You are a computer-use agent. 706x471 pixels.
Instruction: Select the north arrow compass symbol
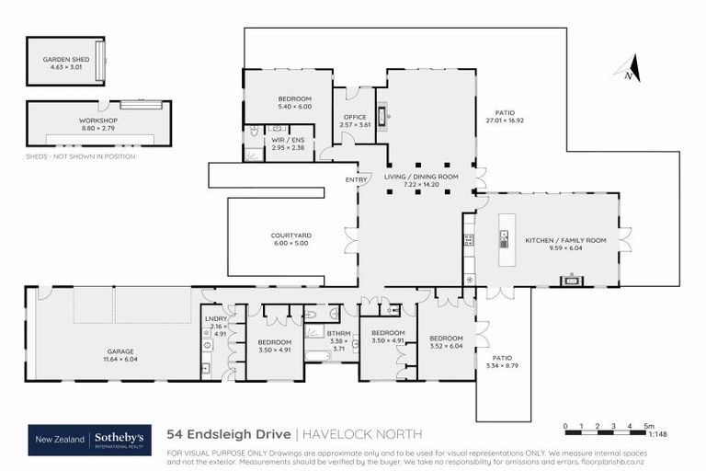pos(629,69)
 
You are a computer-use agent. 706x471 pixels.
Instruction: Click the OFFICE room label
pos(354,117)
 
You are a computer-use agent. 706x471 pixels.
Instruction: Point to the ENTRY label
pos(355,179)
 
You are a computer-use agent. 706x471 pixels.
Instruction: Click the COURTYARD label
pos(290,235)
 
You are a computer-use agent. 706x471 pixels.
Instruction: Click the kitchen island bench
pos(504,240)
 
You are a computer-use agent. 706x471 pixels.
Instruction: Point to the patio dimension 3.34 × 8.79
pos(502,366)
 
